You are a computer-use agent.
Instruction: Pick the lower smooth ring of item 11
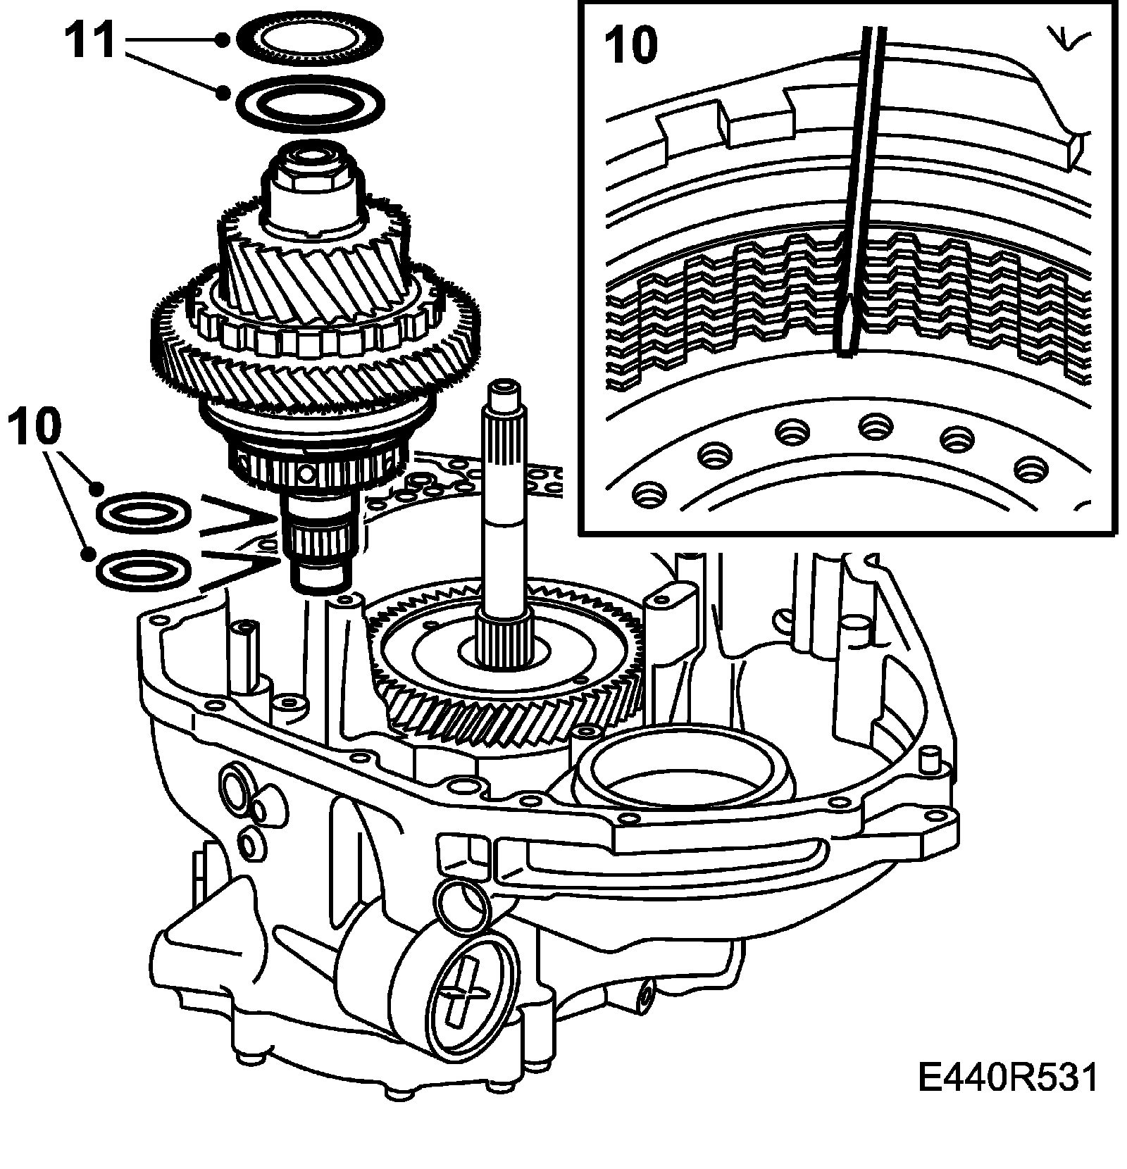[x=310, y=103]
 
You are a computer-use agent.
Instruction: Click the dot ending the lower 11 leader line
[x=224, y=93]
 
